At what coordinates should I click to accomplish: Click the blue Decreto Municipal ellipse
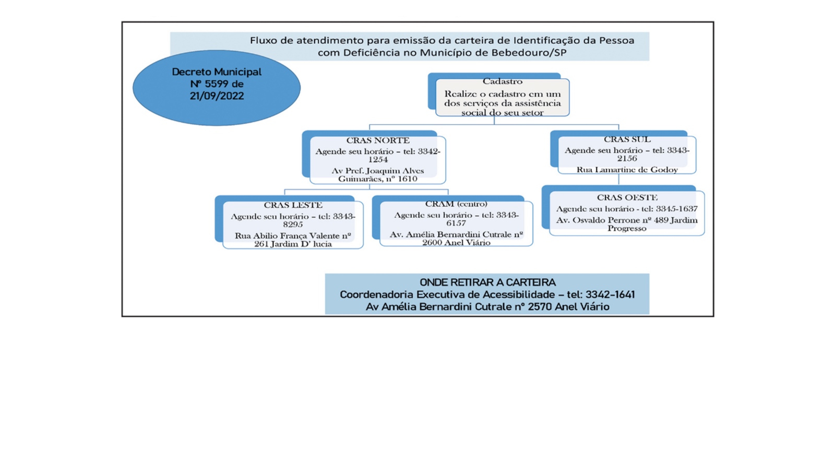coord(217,88)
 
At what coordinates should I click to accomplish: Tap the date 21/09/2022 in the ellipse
coord(217,96)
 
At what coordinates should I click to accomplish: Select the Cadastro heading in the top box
coord(503,81)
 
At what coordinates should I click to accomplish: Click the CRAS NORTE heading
coord(378,140)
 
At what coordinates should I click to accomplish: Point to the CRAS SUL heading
coord(627,139)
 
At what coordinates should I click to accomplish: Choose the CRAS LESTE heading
coord(293,205)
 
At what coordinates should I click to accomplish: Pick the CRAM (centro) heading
coord(456,204)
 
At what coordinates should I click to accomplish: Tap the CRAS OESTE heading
coord(627,197)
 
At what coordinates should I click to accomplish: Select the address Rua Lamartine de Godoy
coord(627,170)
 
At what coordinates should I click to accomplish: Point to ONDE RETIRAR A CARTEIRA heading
coord(487,282)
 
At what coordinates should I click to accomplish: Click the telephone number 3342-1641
coord(610,294)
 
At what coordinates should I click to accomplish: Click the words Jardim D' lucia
coord(301,244)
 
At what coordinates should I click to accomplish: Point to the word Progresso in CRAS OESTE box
coord(627,228)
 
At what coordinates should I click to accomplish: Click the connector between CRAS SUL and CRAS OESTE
coord(619,179)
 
